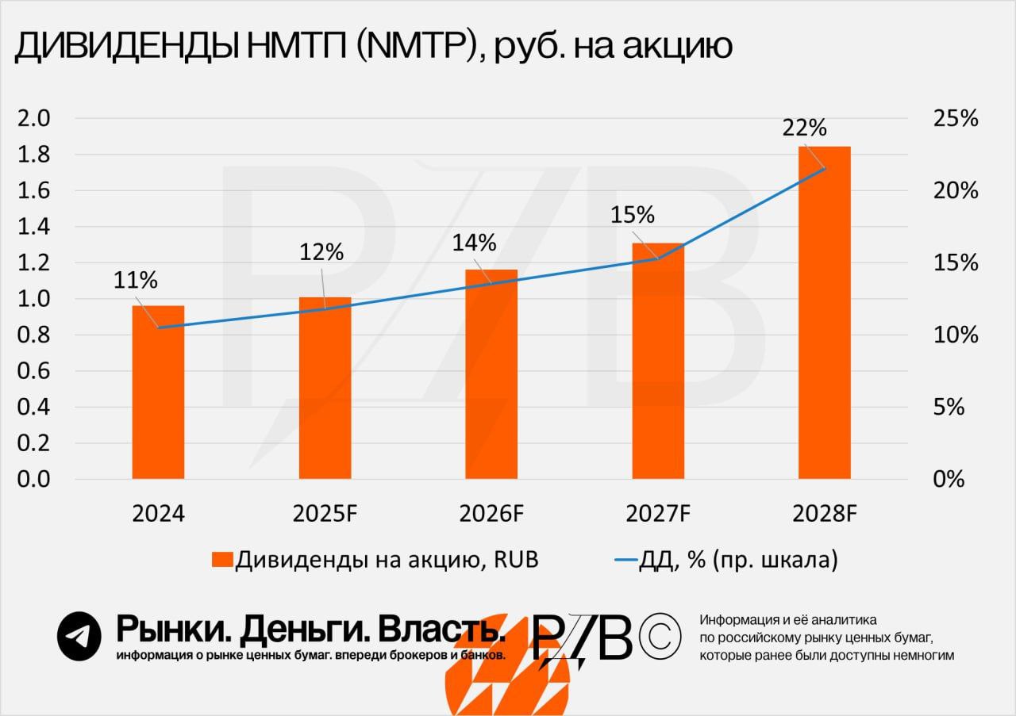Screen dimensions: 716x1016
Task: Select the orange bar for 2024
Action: click(158, 392)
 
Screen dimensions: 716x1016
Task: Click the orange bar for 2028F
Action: click(824, 313)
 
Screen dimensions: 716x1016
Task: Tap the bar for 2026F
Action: click(491, 374)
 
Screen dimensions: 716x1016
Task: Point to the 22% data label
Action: click(804, 127)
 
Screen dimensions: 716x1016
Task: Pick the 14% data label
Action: click(474, 243)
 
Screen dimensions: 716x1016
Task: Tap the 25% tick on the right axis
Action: click(956, 119)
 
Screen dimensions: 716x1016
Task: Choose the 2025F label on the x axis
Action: click(325, 514)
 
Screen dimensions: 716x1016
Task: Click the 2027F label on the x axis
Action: click(658, 514)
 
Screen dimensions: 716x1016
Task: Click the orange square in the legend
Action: click(223, 560)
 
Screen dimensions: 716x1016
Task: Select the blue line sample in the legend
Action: click(627, 560)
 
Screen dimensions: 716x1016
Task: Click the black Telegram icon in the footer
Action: click(79, 636)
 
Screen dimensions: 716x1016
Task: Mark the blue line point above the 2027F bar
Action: click(658, 258)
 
